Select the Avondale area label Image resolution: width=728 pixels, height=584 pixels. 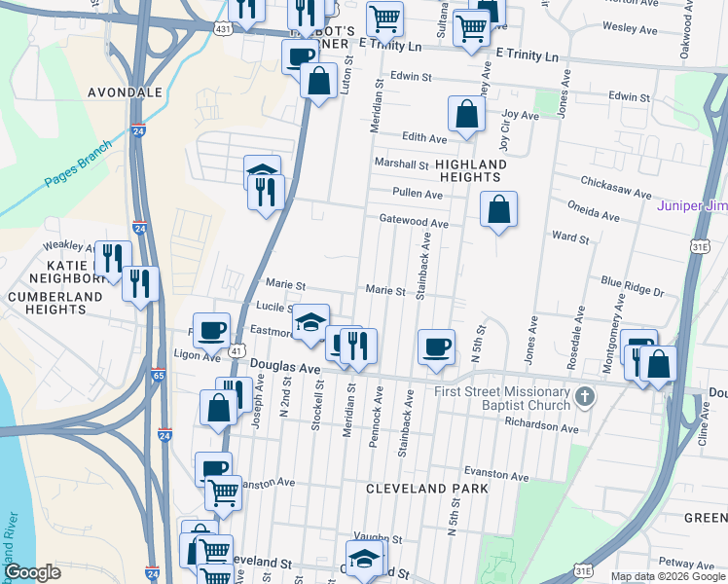click(x=125, y=91)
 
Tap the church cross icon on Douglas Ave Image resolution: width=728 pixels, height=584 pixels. click(x=583, y=397)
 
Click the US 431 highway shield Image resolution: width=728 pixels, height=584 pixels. click(x=224, y=30)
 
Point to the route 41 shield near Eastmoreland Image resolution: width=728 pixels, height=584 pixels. click(x=237, y=348)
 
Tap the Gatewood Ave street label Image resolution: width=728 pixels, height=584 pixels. click(x=414, y=223)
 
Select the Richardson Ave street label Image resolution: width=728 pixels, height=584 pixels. click(x=541, y=426)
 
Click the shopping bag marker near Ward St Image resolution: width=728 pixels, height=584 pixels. click(x=498, y=209)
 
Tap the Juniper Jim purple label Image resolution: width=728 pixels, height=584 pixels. click(x=692, y=205)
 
